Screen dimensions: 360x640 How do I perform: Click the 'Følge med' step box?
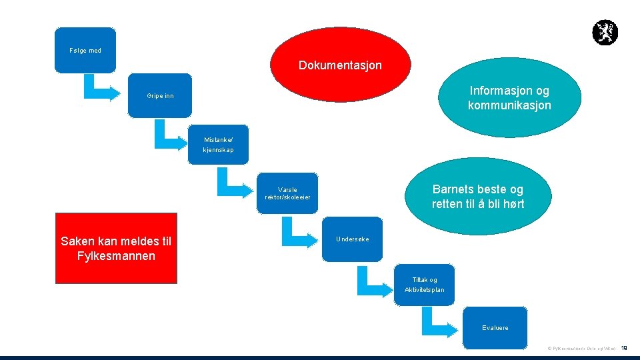tap(85, 50)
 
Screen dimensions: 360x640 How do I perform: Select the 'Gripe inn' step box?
tap(160, 96)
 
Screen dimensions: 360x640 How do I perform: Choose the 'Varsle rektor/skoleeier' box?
tap(287, 193)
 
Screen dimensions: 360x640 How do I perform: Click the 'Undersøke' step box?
tap(353, 239)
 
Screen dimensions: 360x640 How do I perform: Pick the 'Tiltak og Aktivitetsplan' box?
tap(424, 285)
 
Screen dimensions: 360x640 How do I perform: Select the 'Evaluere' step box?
tap(495, 327)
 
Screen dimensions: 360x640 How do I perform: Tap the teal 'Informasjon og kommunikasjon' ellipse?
tap(509, 99)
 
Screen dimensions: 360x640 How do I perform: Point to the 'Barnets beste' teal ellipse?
tap(477, 197)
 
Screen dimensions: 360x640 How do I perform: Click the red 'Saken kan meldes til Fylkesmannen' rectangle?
tap(116, 249)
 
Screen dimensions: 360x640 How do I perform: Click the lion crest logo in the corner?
tap(605, 33)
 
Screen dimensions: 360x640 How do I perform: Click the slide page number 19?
tap(624, 348)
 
